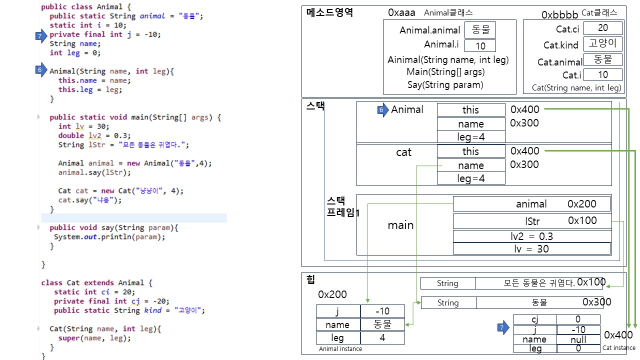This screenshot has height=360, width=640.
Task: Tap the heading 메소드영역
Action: (329, 13)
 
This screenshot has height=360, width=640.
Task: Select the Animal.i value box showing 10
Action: (480, 46)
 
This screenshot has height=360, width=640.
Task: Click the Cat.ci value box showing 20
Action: (602, 28)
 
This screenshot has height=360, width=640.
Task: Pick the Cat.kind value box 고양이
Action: (602, 43)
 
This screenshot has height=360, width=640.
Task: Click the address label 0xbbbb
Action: (559, 15)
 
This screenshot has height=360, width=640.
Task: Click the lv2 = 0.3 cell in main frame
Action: (532, 236)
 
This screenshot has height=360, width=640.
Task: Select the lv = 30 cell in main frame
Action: (531, 248)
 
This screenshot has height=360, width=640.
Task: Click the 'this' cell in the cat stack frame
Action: (470, 151)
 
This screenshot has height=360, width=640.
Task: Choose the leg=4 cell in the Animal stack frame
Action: (470, 136)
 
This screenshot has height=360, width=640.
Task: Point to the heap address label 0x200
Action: (332, 294)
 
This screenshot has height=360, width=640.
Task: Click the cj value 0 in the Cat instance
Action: (578, 319)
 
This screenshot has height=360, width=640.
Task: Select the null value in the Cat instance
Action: (578, 339)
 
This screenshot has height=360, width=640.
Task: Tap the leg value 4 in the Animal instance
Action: (382, 338)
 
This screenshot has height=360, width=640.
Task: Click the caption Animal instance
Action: (340, 349)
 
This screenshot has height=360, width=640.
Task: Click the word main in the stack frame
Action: (400, 225)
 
